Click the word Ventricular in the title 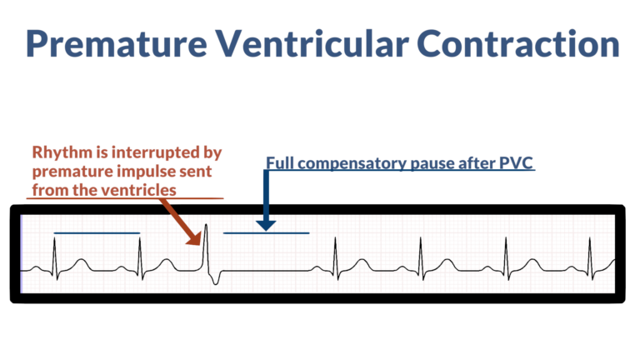click(323, 42)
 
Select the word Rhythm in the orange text click(61, 152)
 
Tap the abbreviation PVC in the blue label click(516, 162)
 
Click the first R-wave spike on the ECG click(54, 250)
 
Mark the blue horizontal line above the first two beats click(96, 232)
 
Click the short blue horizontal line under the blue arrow click(267, 232)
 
